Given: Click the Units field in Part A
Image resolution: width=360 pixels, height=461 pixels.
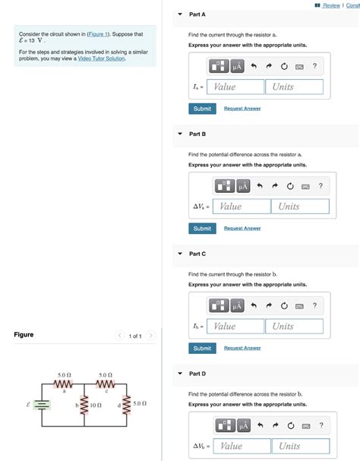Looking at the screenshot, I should (x=295, y=87).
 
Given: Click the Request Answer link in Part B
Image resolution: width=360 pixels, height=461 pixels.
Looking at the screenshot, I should (x=242, y=229).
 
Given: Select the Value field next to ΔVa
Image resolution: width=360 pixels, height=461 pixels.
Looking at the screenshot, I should (x=242, y=207).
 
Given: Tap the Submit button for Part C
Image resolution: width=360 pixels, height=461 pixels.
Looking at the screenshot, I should (x=202, y=348).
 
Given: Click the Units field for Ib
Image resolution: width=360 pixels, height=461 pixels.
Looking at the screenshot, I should (x=295, y=327).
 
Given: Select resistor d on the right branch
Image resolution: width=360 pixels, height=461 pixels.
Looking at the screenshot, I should (x=125, y=405).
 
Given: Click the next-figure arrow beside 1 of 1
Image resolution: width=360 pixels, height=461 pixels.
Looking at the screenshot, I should (x=151, y=336).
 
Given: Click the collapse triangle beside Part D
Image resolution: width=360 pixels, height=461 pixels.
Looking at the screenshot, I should (x=180, y=374).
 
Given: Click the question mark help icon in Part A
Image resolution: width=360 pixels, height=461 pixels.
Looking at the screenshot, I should (x=314, y=67).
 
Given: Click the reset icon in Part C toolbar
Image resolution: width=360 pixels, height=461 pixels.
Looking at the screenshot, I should (x=284, y=306).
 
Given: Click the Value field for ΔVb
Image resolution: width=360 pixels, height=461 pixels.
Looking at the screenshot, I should (x=242, y=446).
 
